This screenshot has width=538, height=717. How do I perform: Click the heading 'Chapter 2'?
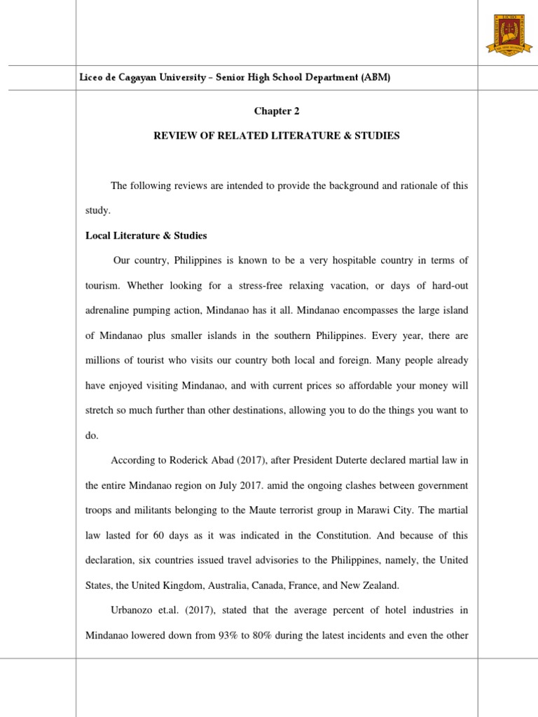(277, 110)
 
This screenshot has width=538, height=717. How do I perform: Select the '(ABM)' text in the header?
(375, 77)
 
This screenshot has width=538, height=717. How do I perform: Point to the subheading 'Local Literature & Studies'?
(146, 235)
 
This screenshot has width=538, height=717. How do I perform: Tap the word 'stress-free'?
(261, 286)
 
